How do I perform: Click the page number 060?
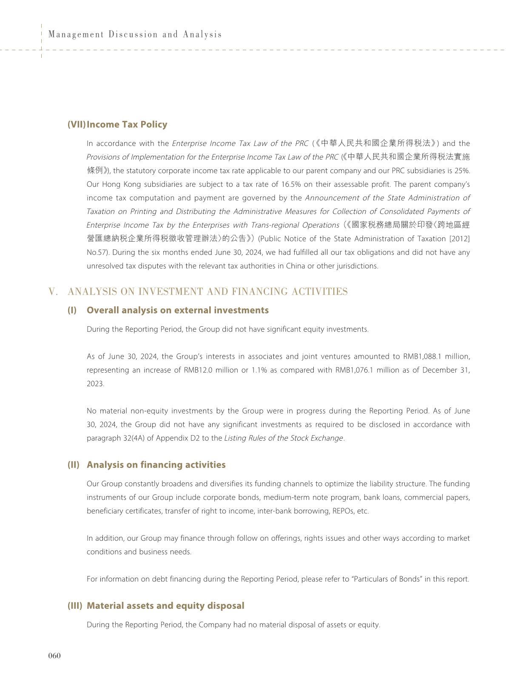pos(54,656)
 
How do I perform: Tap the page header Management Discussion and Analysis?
pos(135,34)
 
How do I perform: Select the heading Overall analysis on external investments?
pos(177,310)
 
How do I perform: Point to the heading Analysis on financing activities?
pos(156,465)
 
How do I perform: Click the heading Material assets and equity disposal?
pos(165,605)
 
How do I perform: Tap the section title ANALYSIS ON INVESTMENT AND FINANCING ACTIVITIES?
pos(208,291)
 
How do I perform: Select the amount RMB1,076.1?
pos(354,370)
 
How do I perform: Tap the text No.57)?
pos(98,252)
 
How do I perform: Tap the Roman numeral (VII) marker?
pos(77,124)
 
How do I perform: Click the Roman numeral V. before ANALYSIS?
pos(53,291)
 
